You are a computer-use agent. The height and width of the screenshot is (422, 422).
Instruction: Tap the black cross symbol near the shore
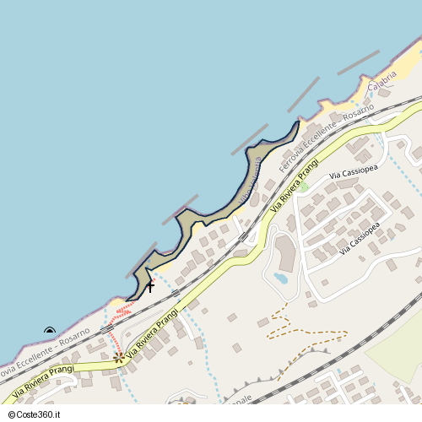click(x=150, y=287)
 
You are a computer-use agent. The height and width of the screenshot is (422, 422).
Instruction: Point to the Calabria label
click(x=382, y=81)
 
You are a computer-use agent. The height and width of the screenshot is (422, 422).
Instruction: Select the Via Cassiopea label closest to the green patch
click(x=352, y=173)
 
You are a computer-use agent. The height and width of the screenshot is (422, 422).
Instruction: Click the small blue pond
click(x=280, y=278)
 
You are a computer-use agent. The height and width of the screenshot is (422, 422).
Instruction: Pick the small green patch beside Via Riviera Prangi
click(x=302, y=187)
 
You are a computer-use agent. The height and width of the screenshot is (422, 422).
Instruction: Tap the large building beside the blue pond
click(x=286, y=252)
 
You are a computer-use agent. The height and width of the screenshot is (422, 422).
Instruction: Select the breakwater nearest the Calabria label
click(x=358, y=62)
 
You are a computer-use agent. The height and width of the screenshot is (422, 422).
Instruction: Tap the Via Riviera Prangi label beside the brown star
click(x=152, y=334)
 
